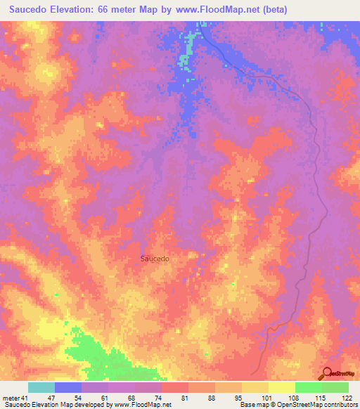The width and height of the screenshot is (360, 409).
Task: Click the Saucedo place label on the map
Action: point(154,258)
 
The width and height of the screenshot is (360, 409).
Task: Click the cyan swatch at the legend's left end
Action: point(41,387)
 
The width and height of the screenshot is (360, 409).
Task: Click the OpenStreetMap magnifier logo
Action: point(326,374)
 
